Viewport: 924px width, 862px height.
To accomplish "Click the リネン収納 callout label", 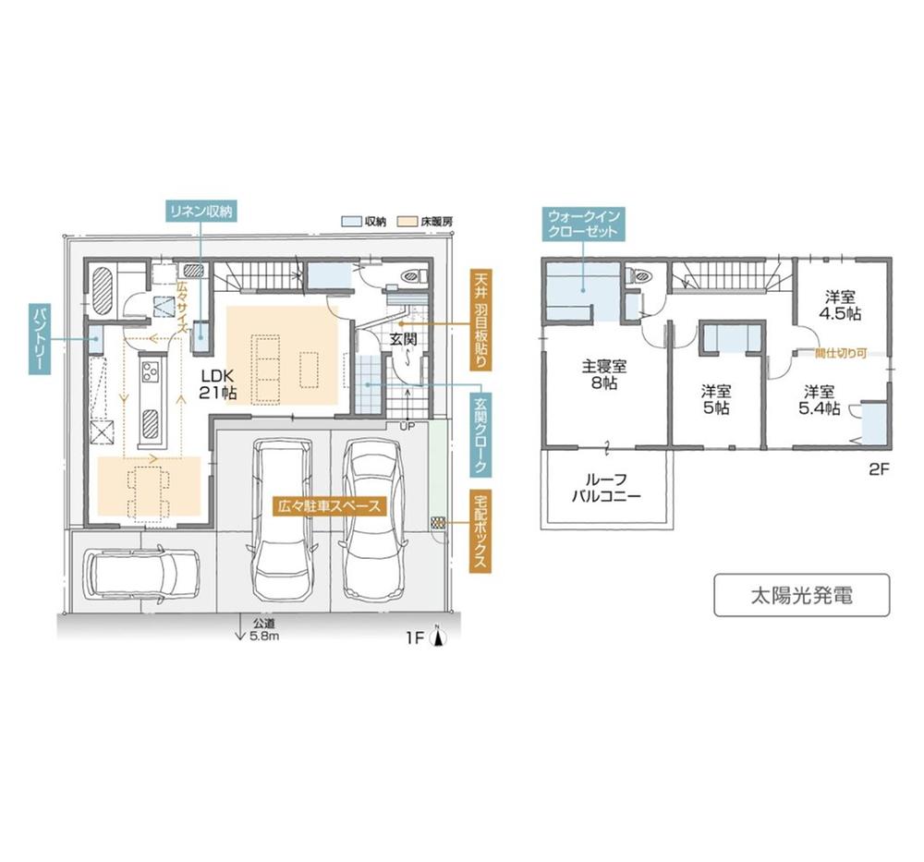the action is (x=200, y=211).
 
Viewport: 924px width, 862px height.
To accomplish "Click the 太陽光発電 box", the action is (x=801, y=595).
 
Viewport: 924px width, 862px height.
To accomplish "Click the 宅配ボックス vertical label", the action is (x=480, y=531).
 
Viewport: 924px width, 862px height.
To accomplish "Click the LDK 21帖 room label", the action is (x=219, y=383).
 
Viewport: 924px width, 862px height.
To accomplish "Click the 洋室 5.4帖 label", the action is (x=820, y=398).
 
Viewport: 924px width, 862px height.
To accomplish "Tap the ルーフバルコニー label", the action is (x=605, y=488).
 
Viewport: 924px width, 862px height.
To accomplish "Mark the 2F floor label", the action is (x=878, y=468).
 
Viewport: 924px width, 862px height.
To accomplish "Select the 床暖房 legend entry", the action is (x=427, y=222).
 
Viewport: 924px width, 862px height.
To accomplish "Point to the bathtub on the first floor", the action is (x=103, y=294).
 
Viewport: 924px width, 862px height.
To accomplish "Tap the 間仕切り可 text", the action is (x=840, y=352).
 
